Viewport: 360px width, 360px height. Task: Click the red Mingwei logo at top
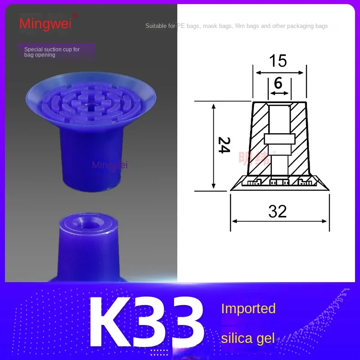(45, 22)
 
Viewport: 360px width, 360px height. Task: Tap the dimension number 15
(278, 61)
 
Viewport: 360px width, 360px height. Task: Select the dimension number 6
(278, 83)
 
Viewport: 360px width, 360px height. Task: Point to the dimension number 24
(224, 145)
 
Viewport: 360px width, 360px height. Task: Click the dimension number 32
(277, 211)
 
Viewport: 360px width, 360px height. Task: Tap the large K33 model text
(146, 321)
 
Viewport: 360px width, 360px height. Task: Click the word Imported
(248, 309)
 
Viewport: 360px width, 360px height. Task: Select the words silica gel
(247, 338)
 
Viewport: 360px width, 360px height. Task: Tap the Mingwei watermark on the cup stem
(110, 165)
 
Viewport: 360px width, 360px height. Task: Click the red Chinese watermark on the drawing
(254, 157)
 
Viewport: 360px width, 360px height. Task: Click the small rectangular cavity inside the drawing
(279, 139)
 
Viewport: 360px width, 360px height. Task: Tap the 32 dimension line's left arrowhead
(233, 221)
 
